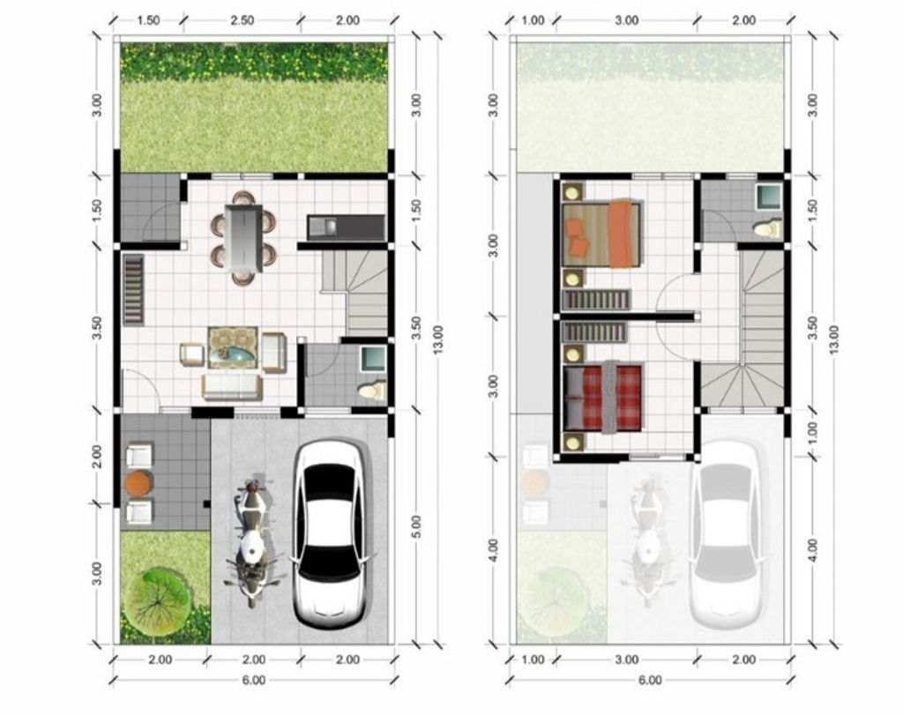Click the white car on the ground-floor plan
point(328,534)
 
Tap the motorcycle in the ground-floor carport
point(252,542)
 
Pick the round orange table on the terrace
point(138,483)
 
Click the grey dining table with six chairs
point(243,237)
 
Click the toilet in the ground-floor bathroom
point(371,389)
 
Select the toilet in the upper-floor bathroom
point(767,229)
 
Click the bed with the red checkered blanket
point(604,397)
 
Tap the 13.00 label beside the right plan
point(834,340)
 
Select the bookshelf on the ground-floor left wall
point(133,289)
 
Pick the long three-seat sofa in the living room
point(232,386)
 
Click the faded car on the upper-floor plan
point(726,534)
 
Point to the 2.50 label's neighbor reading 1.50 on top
point(148,21)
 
